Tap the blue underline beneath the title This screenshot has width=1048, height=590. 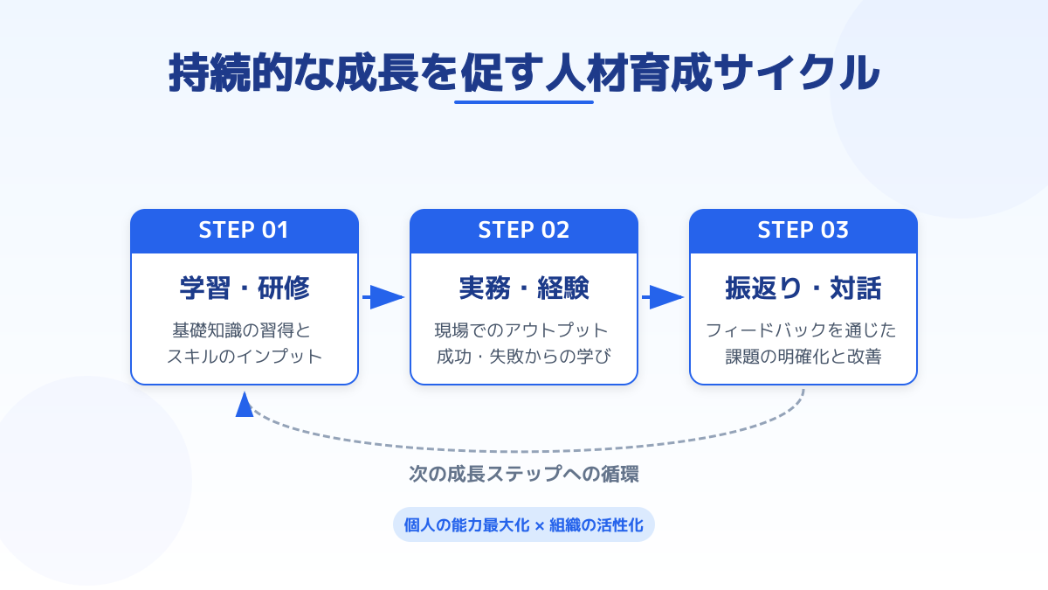[523, 102]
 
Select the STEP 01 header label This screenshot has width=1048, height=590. [244, 231]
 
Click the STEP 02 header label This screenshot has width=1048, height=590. [523, 231]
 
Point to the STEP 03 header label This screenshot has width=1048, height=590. [803, 231]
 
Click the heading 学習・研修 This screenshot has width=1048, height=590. [244, 288]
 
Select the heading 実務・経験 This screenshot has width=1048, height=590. [523, 288]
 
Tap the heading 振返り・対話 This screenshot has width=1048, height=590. [803, 288]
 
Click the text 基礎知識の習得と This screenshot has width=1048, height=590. [244, 331]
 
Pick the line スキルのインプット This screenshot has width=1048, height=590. [244, 356]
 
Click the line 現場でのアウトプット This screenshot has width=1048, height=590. [523, 331]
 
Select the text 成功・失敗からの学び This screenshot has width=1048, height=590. [523, 356]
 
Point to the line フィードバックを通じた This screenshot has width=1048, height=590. [803, 331]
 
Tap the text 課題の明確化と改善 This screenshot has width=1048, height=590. [803, 356]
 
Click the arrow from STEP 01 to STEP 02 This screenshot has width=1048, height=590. [384, 297]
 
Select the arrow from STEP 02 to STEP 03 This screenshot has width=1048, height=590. [664, 297]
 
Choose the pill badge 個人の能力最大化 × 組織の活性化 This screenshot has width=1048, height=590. [523, 525]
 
